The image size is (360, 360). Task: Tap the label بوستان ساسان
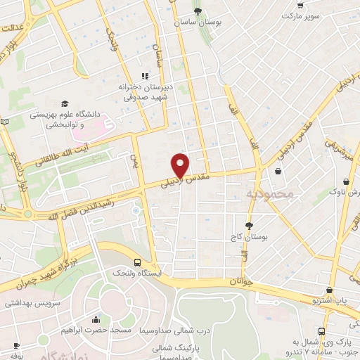(x=199, y=22)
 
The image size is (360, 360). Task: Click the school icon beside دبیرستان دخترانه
(x=145, y=76)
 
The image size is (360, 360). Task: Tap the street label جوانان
(x=240, y=282)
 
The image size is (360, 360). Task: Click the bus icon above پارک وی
(x=321, y=331)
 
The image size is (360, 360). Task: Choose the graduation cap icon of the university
(x=65, y=103)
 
